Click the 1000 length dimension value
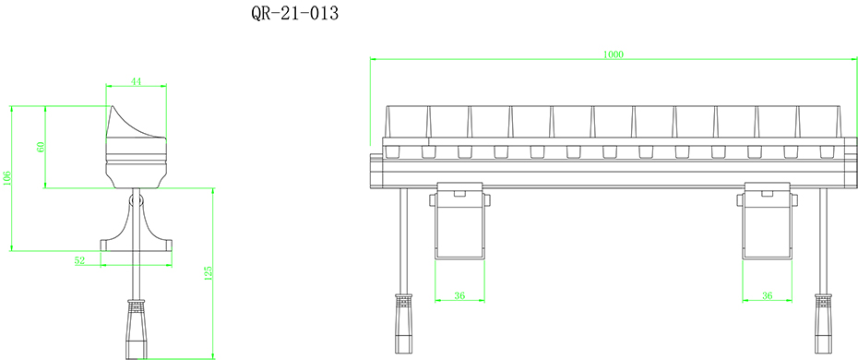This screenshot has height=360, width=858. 614,54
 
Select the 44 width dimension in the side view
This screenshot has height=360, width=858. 136,82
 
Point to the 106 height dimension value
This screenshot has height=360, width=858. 7,177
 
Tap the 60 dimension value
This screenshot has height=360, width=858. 41,148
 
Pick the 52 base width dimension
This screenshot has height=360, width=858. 80,261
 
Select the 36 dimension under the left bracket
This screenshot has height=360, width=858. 459,295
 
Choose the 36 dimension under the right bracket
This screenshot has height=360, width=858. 768,295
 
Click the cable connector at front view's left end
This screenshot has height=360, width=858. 404,323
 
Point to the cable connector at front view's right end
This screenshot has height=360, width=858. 821,323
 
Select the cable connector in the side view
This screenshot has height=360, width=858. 136,328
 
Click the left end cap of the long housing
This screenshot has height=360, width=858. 375,166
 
